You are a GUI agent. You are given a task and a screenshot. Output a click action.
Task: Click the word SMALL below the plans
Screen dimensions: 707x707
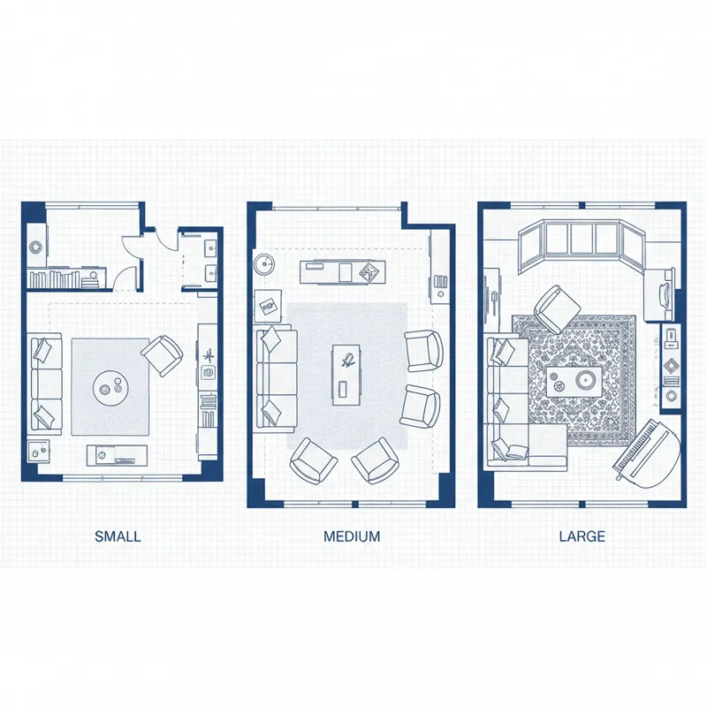[118, 536]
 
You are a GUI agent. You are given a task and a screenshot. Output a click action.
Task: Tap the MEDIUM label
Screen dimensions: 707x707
[352, 536]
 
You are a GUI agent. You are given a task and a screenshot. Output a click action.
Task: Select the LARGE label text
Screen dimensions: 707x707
[582, 536]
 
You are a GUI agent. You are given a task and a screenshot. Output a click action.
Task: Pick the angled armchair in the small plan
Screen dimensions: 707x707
[162, 354]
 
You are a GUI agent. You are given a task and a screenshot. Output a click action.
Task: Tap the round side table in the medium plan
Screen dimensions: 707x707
[265, 262]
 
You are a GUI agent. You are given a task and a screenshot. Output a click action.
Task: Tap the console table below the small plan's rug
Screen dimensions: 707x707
[116, 455]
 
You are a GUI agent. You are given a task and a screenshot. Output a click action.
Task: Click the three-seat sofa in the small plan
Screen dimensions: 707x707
[46, 384]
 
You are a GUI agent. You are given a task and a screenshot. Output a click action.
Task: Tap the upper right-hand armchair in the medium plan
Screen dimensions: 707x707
[422, 350]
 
